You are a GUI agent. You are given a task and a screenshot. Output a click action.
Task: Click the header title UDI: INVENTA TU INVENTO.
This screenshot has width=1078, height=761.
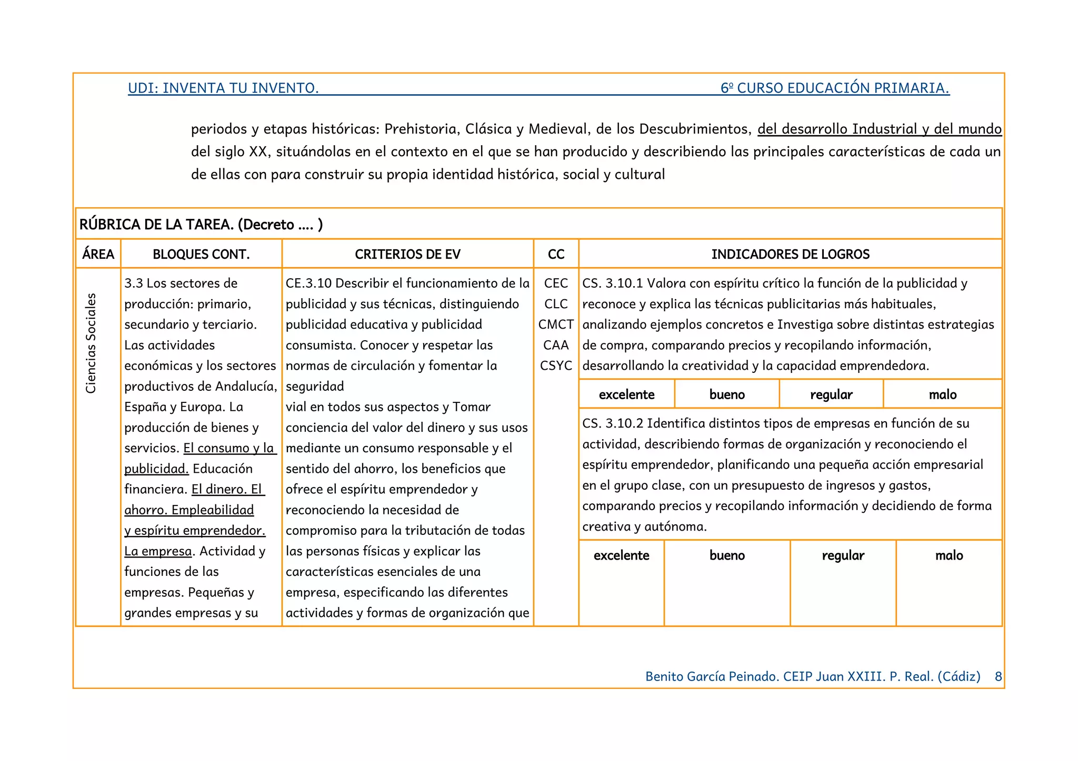tap(223, 88)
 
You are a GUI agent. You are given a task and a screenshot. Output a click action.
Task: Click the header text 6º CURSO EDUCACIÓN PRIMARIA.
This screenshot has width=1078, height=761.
tap(835, 88)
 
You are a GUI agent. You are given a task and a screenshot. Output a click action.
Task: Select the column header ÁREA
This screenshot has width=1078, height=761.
tap(98, 254)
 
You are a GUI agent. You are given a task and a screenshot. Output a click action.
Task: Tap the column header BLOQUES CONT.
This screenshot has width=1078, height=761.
tap(201, 254)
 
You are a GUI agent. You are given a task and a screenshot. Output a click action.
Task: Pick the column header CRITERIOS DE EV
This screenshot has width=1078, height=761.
tap(407, 254)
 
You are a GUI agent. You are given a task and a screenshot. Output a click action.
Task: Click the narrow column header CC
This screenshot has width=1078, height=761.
tap(556, 254)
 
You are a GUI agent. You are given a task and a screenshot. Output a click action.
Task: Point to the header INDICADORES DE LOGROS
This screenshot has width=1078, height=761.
tap(790, 254)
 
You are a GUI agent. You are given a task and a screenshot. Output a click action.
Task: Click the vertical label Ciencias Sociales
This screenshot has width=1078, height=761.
tap(91, 343)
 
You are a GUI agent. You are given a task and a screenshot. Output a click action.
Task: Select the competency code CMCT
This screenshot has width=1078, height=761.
tap(556, 324)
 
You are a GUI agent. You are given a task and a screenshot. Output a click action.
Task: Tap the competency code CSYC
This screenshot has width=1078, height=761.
tap(556, 366)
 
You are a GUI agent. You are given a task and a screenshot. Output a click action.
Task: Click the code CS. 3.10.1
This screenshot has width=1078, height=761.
tap(612, 283)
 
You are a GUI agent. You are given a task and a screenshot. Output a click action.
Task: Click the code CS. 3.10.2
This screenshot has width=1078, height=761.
tap(612, 423)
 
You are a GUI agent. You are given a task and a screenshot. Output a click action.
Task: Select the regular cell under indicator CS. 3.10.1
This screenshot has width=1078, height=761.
tap(831, 394)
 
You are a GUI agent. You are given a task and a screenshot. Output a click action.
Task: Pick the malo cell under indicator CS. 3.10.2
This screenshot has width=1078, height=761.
tap(949, 555)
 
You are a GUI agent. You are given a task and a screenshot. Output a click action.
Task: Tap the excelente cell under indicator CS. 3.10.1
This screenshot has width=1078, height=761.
tap(626, 394)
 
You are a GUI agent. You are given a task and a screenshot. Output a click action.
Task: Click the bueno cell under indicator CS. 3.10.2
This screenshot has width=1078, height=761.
tap(727, 555)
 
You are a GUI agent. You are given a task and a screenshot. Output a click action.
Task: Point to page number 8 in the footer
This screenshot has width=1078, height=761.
tap(998, 676)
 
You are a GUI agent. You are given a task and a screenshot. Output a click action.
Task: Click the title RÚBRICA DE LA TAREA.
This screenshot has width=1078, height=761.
tap(156, 225)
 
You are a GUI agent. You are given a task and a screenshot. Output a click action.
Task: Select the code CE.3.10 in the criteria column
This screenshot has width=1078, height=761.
tap(308, 283)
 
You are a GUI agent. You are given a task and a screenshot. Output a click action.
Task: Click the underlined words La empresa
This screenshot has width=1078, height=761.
tap(158, 551)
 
